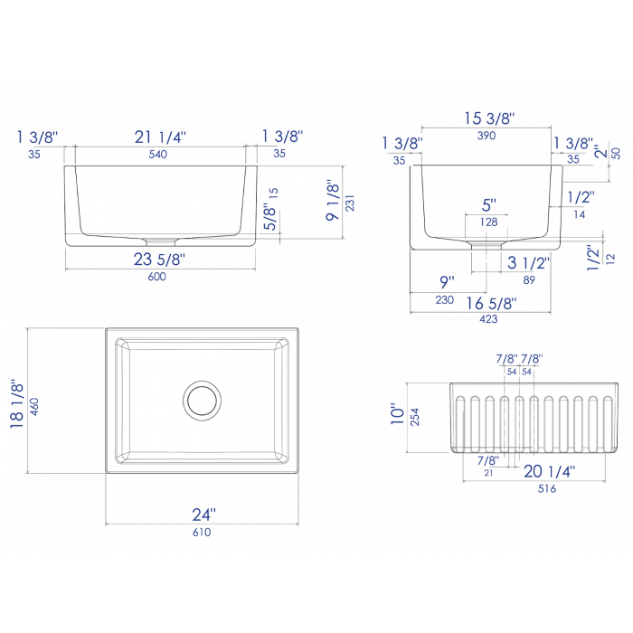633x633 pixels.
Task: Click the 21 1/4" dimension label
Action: [160, 137]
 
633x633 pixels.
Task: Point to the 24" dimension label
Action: [203, 514]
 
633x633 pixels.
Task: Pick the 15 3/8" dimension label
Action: [488, 118]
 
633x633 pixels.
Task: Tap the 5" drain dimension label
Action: [489, 205]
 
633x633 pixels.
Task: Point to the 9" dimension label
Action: [447, 280]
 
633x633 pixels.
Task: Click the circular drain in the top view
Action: [202, 399]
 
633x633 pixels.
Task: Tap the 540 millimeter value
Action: [160, 155]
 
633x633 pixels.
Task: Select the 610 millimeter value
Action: [202, 534]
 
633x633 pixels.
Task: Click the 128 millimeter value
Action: [489, 222]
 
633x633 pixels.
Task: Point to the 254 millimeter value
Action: [414, 417]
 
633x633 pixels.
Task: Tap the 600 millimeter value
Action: [160, 277]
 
